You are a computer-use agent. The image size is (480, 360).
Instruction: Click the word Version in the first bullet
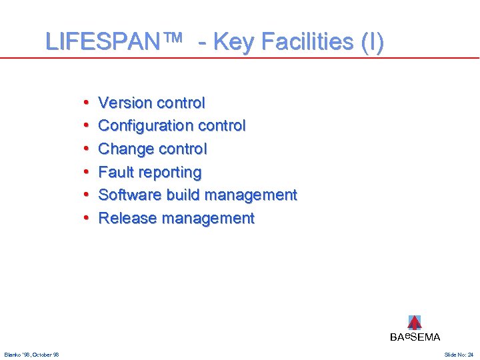125,103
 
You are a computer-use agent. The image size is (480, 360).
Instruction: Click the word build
183,195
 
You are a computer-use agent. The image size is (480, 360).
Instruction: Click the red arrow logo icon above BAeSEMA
415,322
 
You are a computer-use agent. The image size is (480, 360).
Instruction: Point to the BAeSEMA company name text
415,337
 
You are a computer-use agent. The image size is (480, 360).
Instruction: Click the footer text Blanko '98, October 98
31,354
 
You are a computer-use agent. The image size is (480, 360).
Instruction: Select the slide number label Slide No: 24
459,354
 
